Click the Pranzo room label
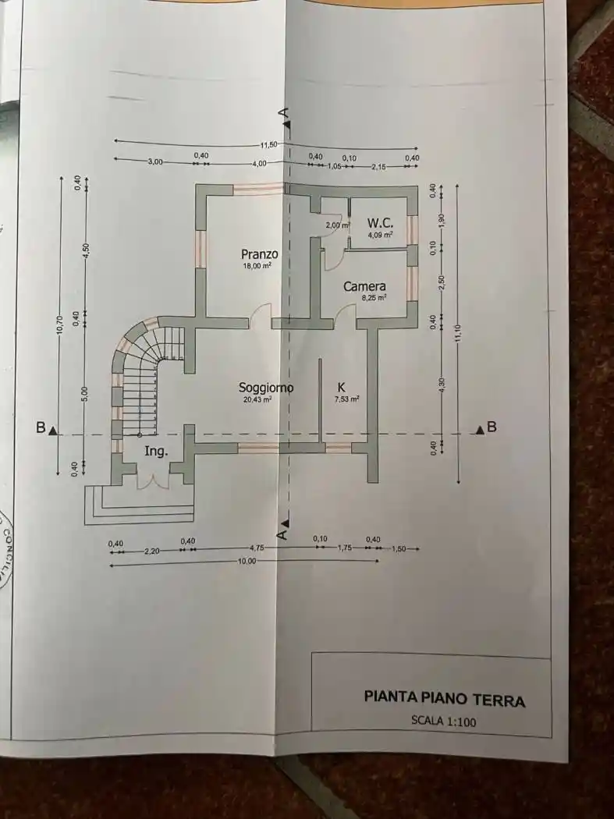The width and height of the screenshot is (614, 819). click(x=260, y=254)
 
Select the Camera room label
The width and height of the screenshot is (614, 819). click(x=364, y=286)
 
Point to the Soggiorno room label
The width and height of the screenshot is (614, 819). click(x=266, y=388)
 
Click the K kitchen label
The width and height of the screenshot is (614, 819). click(x=341, y=387)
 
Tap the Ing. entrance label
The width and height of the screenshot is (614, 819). click(x=155, y=451)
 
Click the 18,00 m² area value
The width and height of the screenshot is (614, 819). click(x=256, y=266)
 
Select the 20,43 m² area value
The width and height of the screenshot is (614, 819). click(x=257, y=399)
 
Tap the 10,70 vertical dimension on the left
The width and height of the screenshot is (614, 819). click(x=60, y=331)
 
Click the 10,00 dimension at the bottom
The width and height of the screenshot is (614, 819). click(x=246, y=562)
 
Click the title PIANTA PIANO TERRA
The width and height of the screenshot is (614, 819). click(x=444, y=698)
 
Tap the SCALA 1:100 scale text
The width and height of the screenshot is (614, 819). click(x=443, y=721)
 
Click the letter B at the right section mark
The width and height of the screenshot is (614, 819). click(x=492, y=427)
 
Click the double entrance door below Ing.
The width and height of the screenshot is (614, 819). click(x=152, y=478)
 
